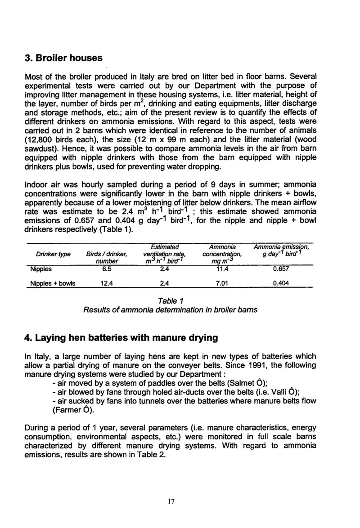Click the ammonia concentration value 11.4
tap(223, 269)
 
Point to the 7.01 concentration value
tap(223, 283)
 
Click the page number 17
tap(171, 503)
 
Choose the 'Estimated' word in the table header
tap(165, 247)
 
